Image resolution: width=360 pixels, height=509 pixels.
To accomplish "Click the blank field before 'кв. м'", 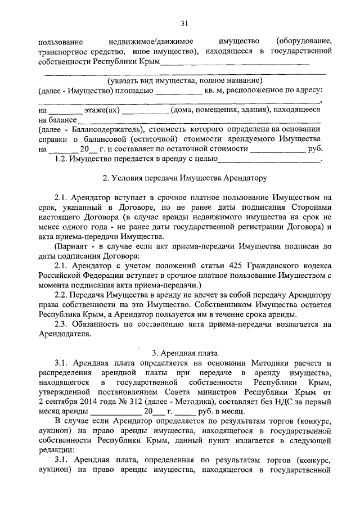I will [x=178, y=90].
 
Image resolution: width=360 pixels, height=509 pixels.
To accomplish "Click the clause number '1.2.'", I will [x=61, y=160].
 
